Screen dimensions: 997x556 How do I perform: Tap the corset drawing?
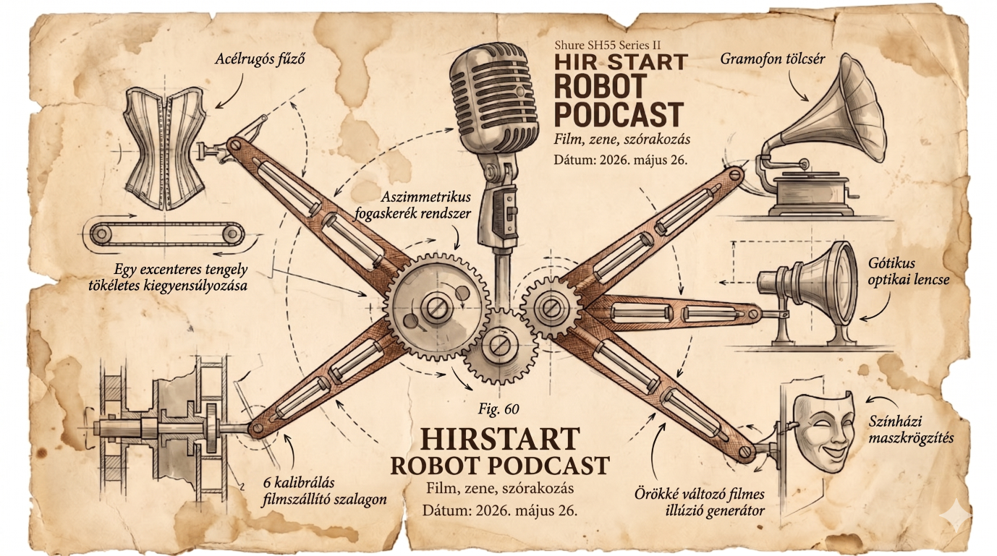pyautogui.click(x=166, y=147)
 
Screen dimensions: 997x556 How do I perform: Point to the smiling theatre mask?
pyautogui.click(x=823, y=432)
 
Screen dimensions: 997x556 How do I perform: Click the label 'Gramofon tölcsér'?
pyautogui.click(x=773, y=59)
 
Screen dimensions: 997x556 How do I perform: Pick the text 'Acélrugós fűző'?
pyautogui.click(x=260, y=59)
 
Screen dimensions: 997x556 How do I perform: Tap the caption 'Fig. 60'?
pyautogui.click(x=498, y=409)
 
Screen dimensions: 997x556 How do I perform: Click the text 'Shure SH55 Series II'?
pyautogui.click(x=608, y=45)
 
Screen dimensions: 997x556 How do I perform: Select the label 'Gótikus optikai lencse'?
pyautogui.click(x=908, y=271)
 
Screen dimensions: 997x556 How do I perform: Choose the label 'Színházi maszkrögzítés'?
pyautogui.click(x=911, y=429)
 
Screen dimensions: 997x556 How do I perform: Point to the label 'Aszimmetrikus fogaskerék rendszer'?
pyautogui.click(x=412, y=205)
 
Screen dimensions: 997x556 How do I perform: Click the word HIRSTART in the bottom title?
pyautogui.click(x=500, y=439)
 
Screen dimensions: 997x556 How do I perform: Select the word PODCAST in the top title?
pyautogui.click(x=619, y=114)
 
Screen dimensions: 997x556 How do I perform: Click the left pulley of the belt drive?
pyautogui.click(x=101, y=233)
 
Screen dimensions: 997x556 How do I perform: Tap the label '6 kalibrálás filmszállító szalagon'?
pyautogui.click(x=324, y=491)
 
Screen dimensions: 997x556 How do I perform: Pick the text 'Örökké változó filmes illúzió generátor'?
pyautogui.click(x=700, y=502)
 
